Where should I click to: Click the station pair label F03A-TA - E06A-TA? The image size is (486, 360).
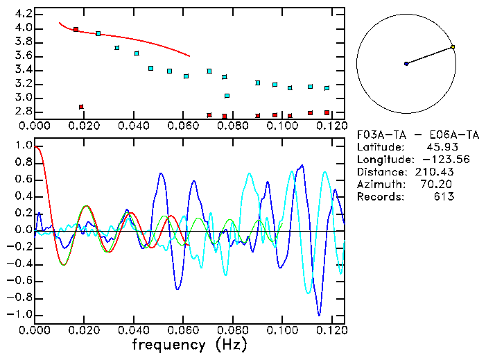coord(405,135)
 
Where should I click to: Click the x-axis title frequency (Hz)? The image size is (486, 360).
coord(189,345)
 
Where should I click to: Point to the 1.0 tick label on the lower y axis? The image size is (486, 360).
coord(23,146)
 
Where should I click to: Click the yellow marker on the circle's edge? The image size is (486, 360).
coord(453,47)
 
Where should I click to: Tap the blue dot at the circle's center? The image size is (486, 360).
coord(406,64)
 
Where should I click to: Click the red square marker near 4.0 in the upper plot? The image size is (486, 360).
coord(76,30)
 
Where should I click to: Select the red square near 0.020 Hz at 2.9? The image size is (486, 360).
coord(82,107)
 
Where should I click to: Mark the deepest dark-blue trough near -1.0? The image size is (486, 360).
coord(319,314)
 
